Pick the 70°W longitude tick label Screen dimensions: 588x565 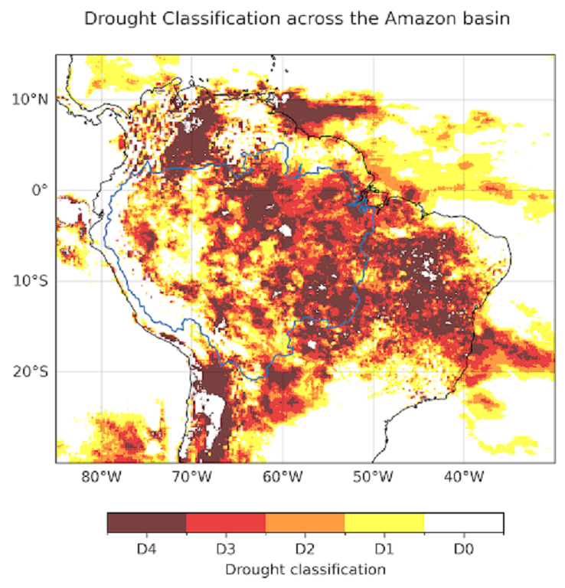pyautogui.click(x=191, y=477)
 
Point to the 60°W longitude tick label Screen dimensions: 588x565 pyautogui.click(x=282, y=477)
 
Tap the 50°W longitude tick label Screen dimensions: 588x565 pyautogui.click(x=373, y=477)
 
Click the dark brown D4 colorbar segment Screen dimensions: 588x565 pyautogui.click(x=146, y=523)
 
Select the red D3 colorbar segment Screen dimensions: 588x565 pyautogui.click(x=226, y=523)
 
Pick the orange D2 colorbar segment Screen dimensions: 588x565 pyautogui.click(x=305, y=523)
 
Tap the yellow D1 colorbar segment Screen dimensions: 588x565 pyautogui.click(x=384, y=523)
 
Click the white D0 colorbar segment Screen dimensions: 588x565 pyautogui.click(x=464, y=523)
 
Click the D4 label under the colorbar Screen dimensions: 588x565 pyautogui.click(x=146, y=548)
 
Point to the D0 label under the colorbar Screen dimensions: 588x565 pyautogui.click(x=464, y=548)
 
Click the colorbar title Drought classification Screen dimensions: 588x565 pyautogui.click(x=305, y=569)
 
